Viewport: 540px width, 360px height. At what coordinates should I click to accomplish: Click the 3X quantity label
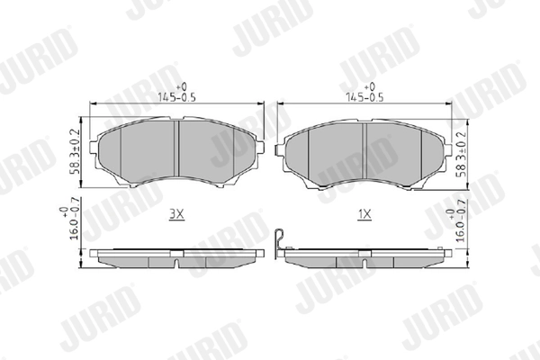tap(176, 215)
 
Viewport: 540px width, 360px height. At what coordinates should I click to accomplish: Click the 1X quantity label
tap(364, 215)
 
